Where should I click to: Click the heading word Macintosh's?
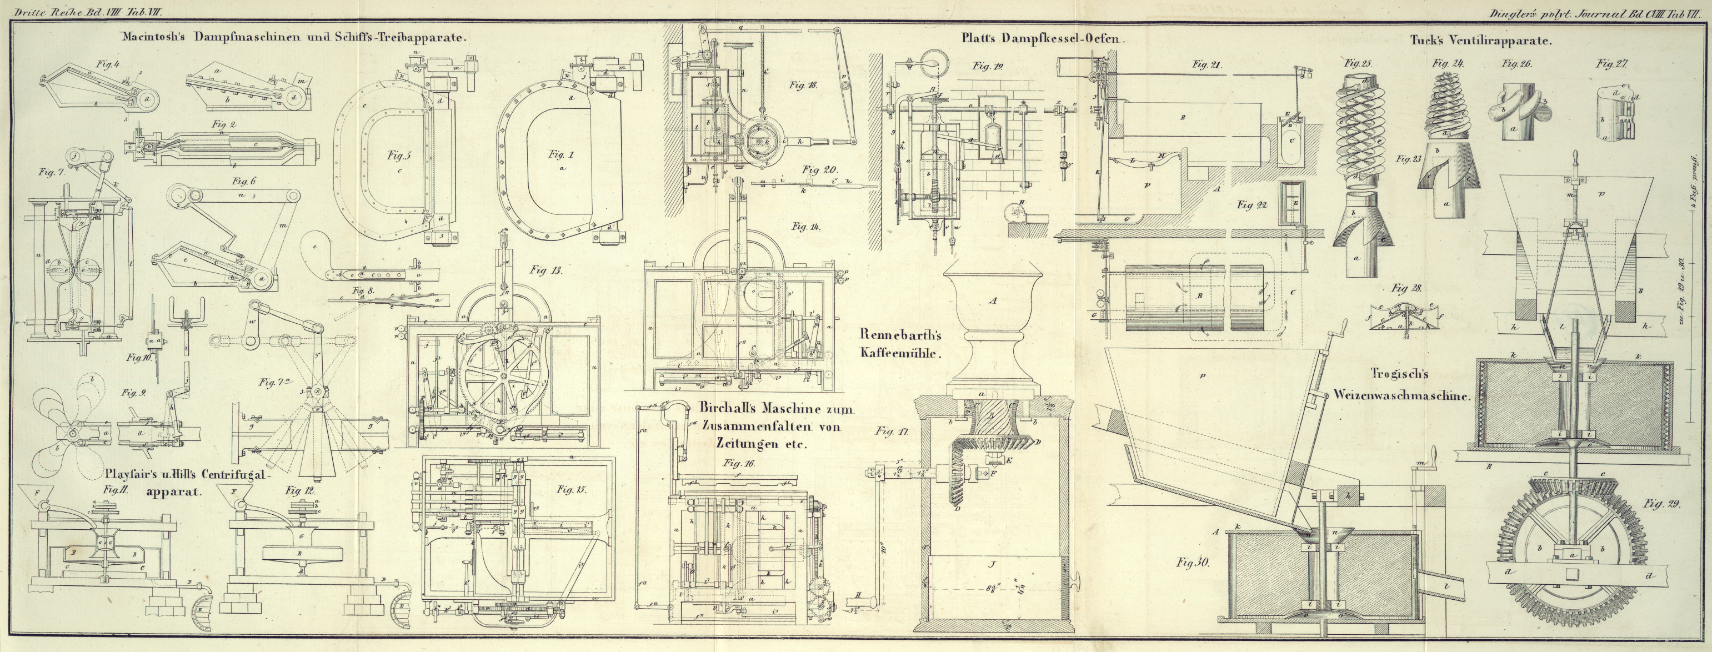click(x=153, y=38)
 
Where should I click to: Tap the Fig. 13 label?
click(x=546, y=270)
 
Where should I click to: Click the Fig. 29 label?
click(x=1662, y=504)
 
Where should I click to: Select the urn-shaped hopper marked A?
click(x=992, y=325)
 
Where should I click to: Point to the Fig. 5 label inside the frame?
click(x=400, y=156)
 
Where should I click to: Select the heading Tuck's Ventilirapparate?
click(x=1481, y=40)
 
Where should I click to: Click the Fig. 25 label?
click(x=1358, y=64)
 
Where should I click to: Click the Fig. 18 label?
click(x=804, y=85)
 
